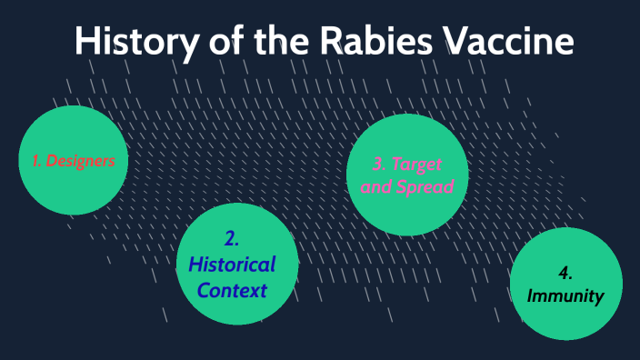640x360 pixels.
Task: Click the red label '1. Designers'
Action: tap(73, 161)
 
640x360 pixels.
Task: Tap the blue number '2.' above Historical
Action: tap(231, 239)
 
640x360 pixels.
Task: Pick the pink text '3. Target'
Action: tap(407, 164)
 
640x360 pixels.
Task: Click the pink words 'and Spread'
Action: tap(407, 186)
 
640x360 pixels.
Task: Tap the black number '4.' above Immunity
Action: tap(565, 274)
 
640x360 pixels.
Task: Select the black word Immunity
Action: tap(565, 295)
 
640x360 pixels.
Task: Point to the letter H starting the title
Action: tap(85, 42)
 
